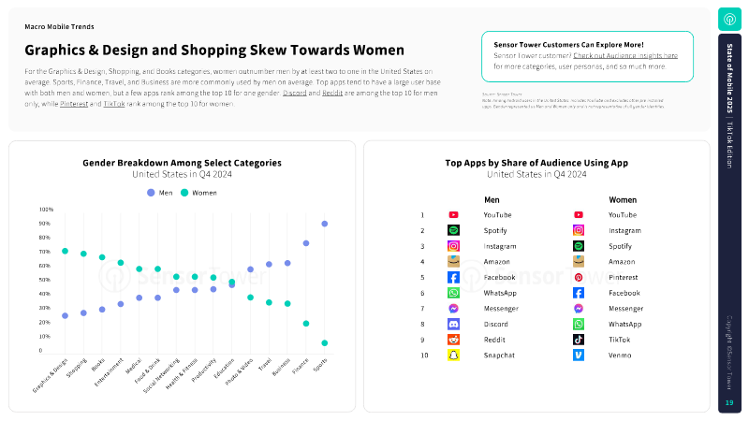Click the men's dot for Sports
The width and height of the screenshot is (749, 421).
tap(325, 224)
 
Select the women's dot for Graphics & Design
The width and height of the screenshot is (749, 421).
tap(65, 251)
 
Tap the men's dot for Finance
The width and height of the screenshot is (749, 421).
tap(306, 243)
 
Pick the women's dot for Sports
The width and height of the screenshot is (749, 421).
tap(325, 343)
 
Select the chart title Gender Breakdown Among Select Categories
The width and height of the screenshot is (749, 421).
tap(182, 163)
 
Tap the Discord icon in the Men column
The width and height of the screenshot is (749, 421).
tap(453, 324)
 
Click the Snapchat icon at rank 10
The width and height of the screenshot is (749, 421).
tap(453, 356)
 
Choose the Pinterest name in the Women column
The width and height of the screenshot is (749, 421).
tap(624, 278)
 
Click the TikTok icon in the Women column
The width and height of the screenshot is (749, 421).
tap(579, 340)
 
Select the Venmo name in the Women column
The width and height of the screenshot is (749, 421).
tap(620, 356)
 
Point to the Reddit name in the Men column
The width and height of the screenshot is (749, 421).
tap(494, 340)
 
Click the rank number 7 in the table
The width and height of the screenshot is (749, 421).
tap(422, 309)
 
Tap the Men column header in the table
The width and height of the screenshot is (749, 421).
tap(492, 199)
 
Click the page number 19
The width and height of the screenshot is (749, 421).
tap(729, 403)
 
